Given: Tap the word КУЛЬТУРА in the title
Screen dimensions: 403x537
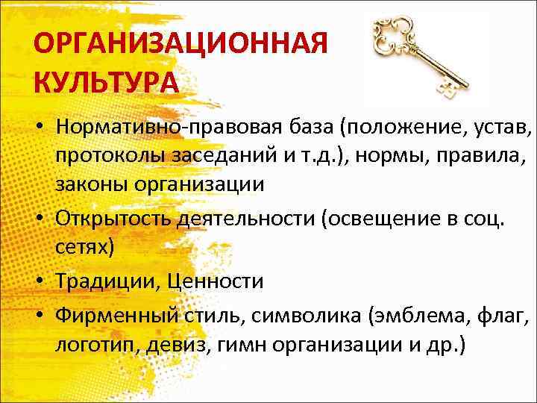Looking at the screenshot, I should [x=106, y=81].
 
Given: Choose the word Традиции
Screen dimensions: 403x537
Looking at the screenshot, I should [x=106, y=281].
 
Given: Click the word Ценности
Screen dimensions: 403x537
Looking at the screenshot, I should [x=216, y=281].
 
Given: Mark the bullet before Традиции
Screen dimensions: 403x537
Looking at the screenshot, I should [x=38, y=281].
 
